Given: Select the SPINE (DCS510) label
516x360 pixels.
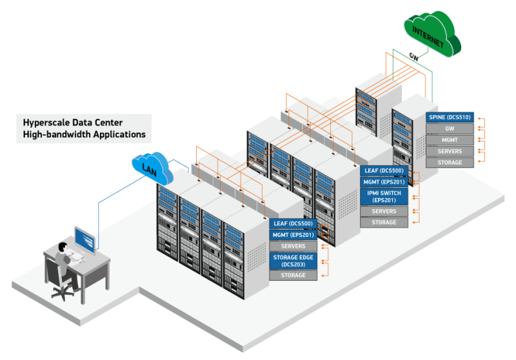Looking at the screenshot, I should tap(450, 117).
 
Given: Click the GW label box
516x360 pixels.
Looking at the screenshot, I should tap(450, 128).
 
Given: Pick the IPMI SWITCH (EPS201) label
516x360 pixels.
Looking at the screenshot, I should tap(384, 197).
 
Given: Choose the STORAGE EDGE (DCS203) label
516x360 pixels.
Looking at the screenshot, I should tap(293, 261).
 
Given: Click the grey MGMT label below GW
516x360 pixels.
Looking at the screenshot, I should tap(450, 139).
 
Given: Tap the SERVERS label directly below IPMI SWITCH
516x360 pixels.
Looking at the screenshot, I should tap(384, 212).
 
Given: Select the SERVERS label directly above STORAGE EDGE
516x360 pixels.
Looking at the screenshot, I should tap(293, 246).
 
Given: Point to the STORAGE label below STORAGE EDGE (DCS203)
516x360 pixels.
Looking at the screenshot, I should tap(293, 275).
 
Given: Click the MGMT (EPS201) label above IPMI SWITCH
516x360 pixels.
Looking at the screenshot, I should tap(384, 182).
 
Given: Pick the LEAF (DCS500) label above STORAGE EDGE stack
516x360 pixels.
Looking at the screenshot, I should tap(293, 224).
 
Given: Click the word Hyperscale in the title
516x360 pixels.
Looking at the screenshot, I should tap(47, 122).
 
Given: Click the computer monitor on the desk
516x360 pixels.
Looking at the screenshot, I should tap(85, 239).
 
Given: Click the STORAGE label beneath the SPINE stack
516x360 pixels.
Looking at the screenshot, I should tap(450, 163).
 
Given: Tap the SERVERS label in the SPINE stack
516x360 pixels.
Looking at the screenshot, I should tap(450, 151).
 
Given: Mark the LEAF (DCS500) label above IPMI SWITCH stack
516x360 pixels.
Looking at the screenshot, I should tap(384, 170).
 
